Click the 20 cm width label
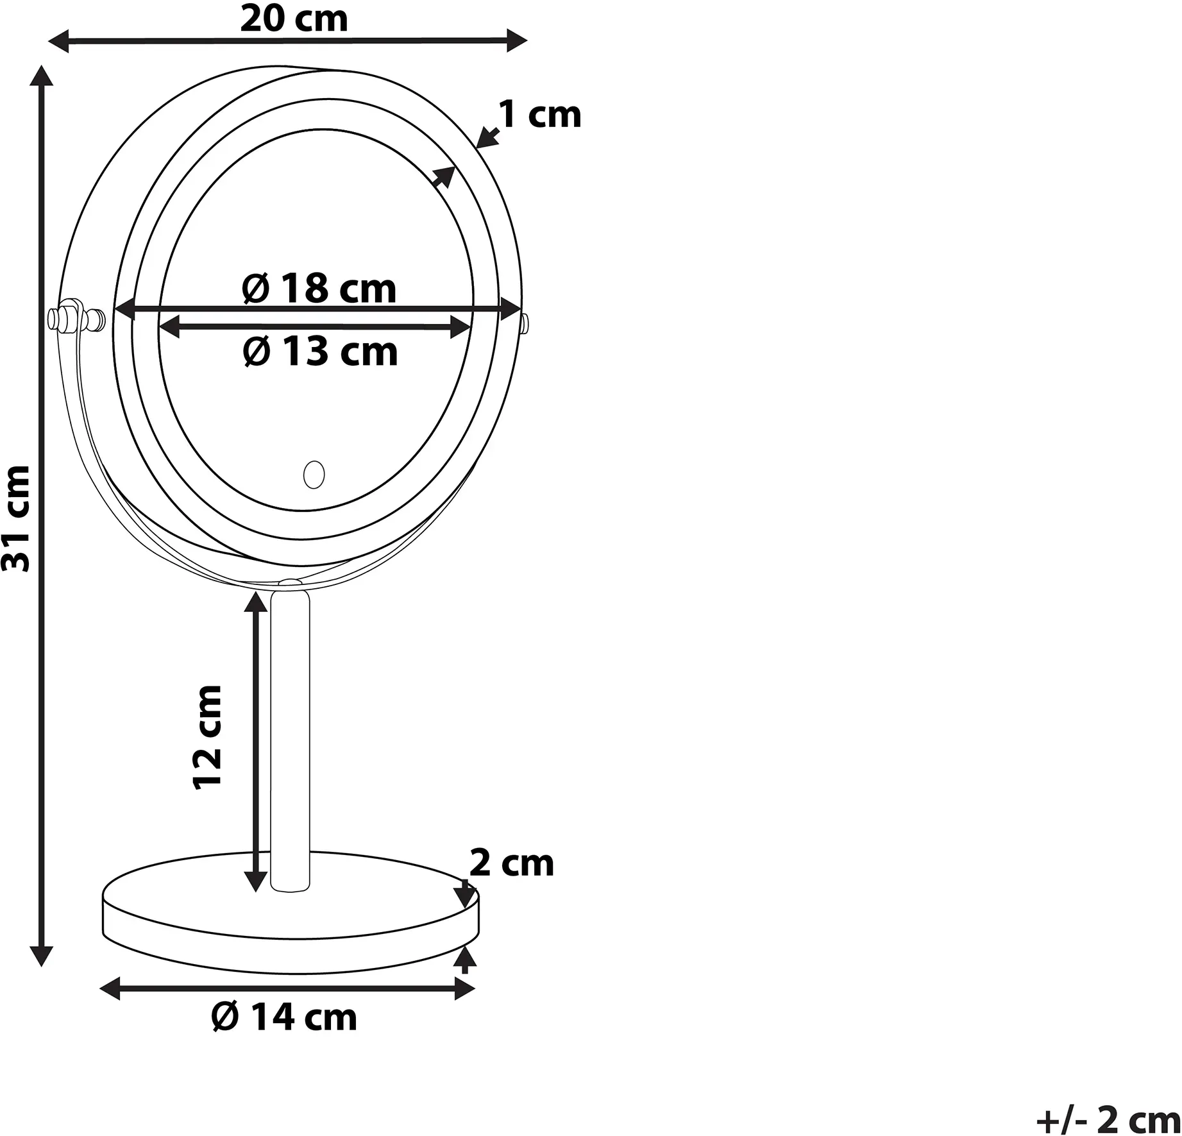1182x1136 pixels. [294, 19]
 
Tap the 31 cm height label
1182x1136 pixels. [17, 518]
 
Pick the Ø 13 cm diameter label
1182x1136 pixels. [320, 352]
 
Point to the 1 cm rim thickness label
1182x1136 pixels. [540, 115]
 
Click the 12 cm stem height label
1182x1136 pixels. [208, 736]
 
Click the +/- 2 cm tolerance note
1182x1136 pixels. [1108, 1121]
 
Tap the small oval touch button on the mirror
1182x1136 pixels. [314, 475]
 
